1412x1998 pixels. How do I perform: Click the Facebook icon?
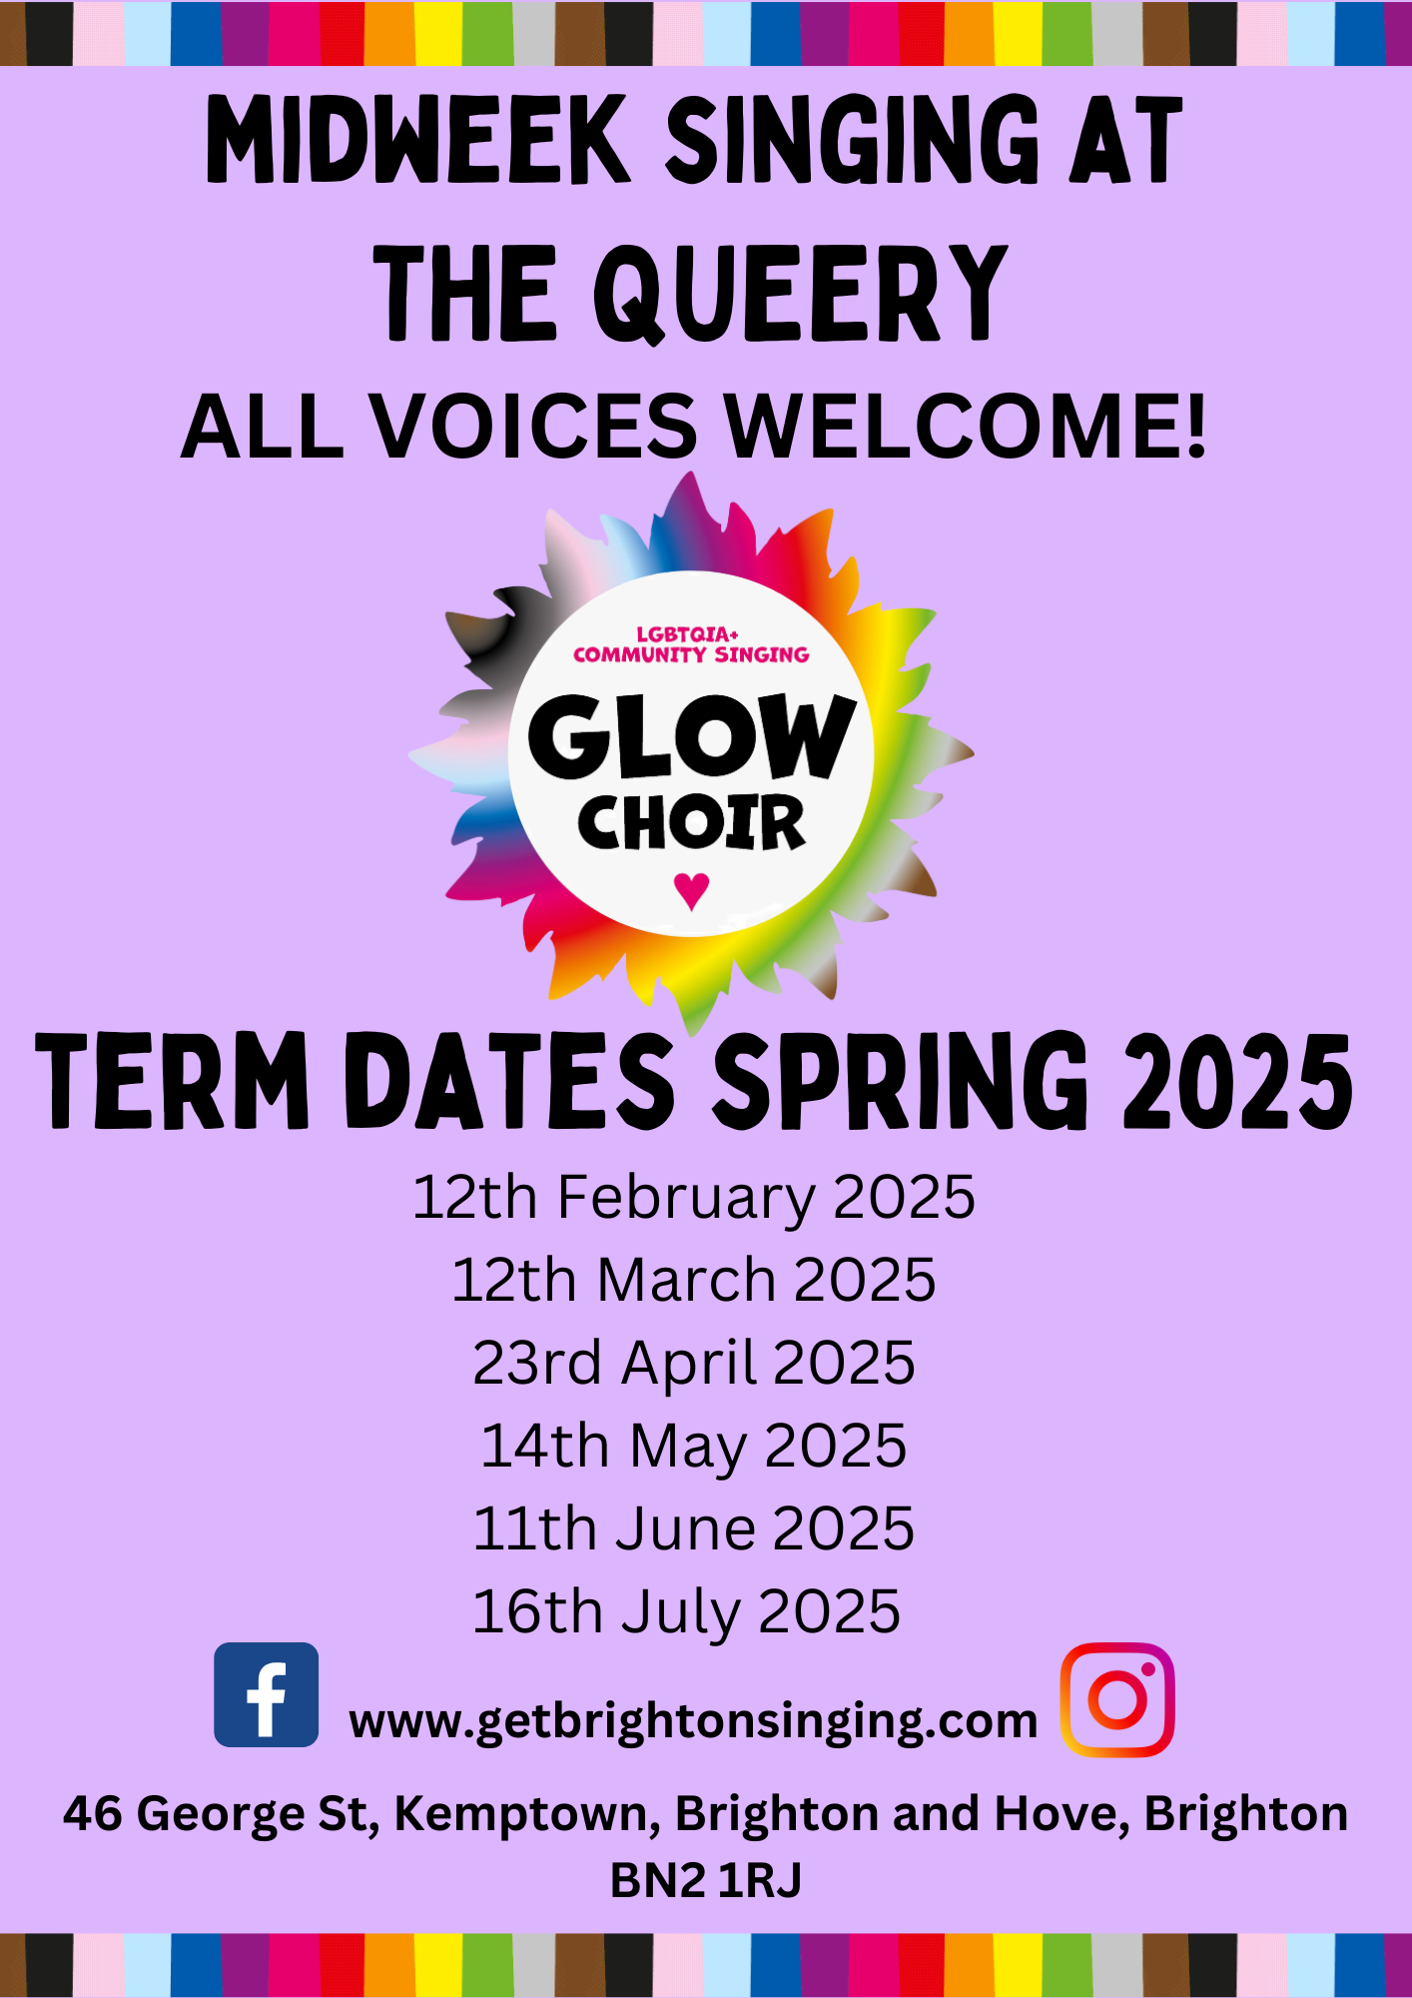(x=266, y=1694)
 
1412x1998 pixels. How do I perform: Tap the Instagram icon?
(x=1116, y=1699)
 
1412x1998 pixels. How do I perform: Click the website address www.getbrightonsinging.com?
(x=693, y=1720)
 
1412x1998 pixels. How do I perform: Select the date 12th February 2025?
(x=693, y=1197)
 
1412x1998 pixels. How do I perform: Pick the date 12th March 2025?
(x=693, y=1280)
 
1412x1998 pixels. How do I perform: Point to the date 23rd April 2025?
(x=693, y=1363)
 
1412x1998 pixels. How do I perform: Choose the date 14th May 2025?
(x=693, y=1446)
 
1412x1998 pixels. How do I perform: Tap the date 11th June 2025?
(x=693, y=1528)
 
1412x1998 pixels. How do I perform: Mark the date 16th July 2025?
(x=686, y=1611)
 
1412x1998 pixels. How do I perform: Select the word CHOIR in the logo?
(x=691, y=823)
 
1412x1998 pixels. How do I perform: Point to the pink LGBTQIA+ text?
(x=687, y=634)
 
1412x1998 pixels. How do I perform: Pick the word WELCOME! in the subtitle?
(x=965, y=427)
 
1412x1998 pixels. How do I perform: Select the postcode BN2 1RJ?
(x=705, y=1879)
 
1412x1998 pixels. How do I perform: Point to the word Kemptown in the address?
(x=526, y=1814)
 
